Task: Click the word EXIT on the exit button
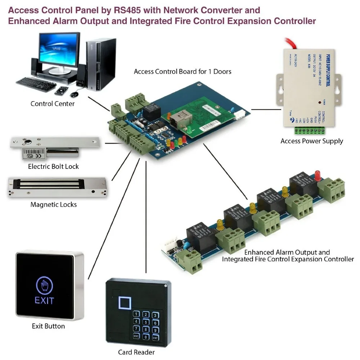point(44,300)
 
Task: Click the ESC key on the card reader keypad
point(136,336)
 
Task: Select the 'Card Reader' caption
point(136,352)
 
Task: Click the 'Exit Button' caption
point(48,326)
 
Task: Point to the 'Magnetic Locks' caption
point(54,204)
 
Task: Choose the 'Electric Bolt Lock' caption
point(53,166)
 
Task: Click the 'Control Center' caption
point(53,104)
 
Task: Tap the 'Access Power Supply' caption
point(312,141)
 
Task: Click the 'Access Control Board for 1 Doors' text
point(183,71)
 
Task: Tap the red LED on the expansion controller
point(318,175)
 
